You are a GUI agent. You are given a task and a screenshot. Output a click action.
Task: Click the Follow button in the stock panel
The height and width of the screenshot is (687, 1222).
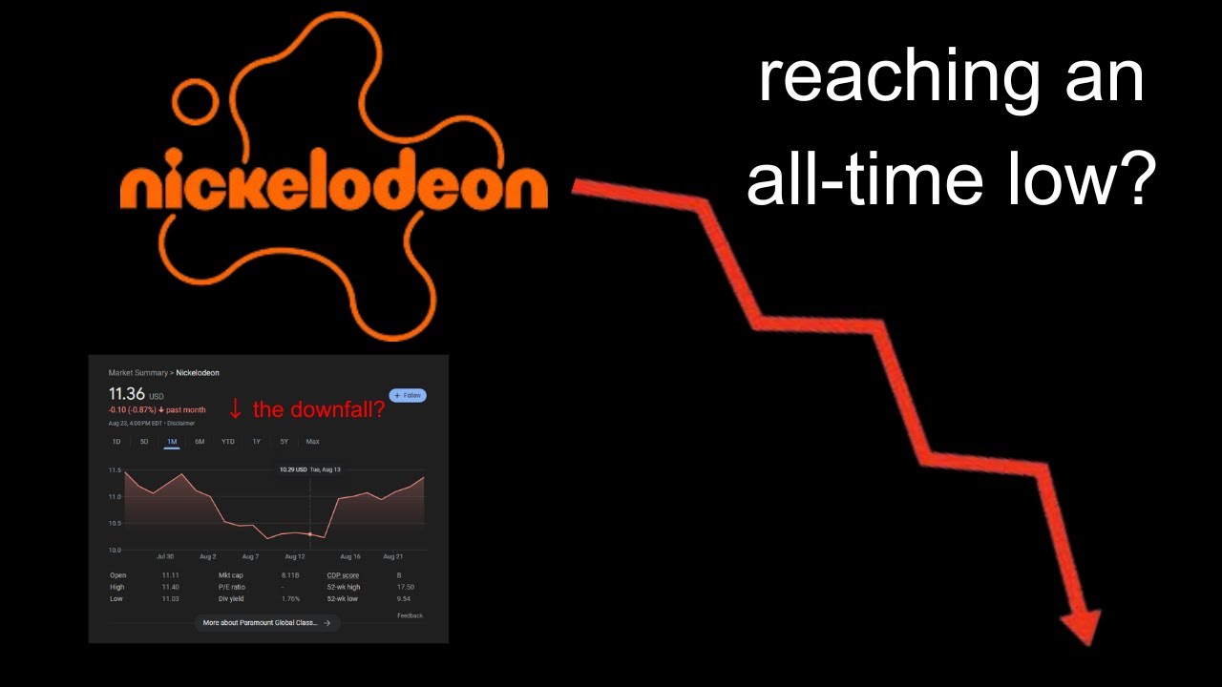click(x=408, y=395)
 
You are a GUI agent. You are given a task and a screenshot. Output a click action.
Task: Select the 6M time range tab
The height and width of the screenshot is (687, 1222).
click(x=200, y=442)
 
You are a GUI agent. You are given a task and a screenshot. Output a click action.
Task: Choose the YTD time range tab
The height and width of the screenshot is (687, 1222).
click(x=227, y=442)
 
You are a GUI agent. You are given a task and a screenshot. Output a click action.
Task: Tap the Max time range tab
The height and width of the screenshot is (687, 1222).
click(x=312, y=442)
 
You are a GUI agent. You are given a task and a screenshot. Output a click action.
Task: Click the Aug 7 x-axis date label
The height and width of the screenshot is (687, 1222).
click(x=250, y=556)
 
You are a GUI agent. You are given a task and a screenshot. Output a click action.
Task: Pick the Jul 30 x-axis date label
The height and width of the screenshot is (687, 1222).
click(x=165, y=556)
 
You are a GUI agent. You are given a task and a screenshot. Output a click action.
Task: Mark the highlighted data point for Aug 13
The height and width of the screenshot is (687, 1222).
click(x=310, y=534)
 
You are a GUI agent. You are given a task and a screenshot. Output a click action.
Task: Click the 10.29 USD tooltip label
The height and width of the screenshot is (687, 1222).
click(x=293, y=469)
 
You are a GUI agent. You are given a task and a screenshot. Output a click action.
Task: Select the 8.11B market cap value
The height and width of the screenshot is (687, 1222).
click(x=290, y=575)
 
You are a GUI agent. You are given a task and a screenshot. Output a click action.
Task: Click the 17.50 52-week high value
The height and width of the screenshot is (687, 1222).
click(x=406, y=587)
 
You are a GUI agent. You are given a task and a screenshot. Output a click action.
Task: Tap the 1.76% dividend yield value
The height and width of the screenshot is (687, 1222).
click(x=290, y=599)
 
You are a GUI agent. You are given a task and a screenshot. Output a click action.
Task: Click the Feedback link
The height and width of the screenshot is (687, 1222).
click(x=410, y=615)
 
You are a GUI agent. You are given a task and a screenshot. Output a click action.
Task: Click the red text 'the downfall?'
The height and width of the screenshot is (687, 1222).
click(x=318, y=409)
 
